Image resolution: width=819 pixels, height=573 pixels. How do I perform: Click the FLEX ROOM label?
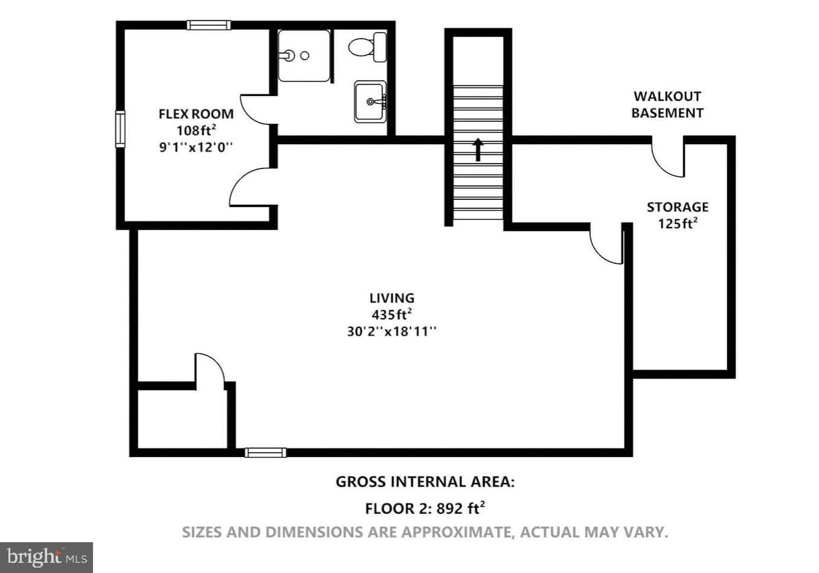coord(196,114)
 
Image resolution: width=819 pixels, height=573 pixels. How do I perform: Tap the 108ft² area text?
coord(196,130)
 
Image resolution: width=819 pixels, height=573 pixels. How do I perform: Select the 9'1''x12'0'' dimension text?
coord(196,147)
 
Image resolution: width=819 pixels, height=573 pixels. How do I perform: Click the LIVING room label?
coord(391,298)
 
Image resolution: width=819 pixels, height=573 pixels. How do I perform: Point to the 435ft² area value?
coord(391,314)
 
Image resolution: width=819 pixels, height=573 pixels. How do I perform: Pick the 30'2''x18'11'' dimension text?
coord(391,331)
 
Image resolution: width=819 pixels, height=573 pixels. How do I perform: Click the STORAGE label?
coord(677,207)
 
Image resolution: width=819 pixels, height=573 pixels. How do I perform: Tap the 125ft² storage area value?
coord(677,223)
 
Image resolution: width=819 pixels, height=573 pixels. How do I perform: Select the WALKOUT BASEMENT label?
coord(667,104)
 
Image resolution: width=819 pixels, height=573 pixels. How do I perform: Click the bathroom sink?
coord(370,102)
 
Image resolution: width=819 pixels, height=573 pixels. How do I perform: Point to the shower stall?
coord(304,56)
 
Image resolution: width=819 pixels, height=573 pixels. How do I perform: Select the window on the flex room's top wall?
coord(208,25)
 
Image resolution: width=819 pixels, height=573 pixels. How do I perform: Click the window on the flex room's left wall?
coord(120,129)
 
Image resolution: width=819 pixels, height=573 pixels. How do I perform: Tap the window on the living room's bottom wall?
coord(265,452)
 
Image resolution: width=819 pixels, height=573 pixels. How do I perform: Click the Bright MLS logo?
coord(47,557)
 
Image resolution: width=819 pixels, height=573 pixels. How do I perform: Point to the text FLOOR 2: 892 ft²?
coord(425,508)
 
